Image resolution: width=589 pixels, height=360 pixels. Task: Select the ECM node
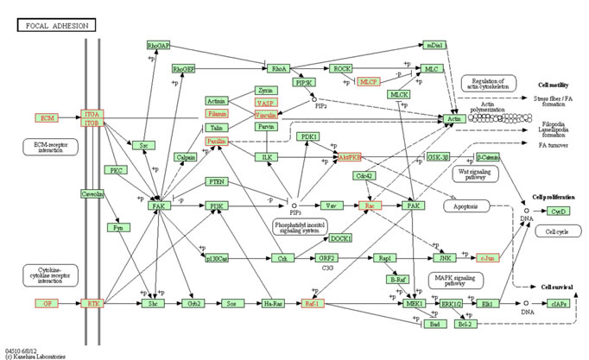(47, 117)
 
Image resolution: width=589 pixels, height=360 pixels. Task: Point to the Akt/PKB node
(350, 157)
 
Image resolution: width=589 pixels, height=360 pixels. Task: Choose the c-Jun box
(488, 257)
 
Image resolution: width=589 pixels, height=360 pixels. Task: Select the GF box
(47, 304)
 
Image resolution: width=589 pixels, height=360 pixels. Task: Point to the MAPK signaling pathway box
(457, 280)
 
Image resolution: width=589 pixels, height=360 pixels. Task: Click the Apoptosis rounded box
(466, 207)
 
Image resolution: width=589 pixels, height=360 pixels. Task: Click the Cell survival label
(556, 287)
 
